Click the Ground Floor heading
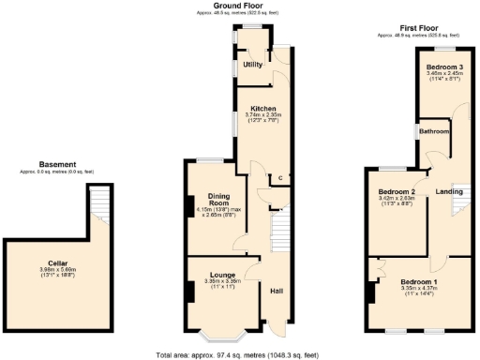coord(249,5)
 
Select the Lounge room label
coord(225,274)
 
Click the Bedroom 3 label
coord(444,67)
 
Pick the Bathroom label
coord(434,131)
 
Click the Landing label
coord(449,191)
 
